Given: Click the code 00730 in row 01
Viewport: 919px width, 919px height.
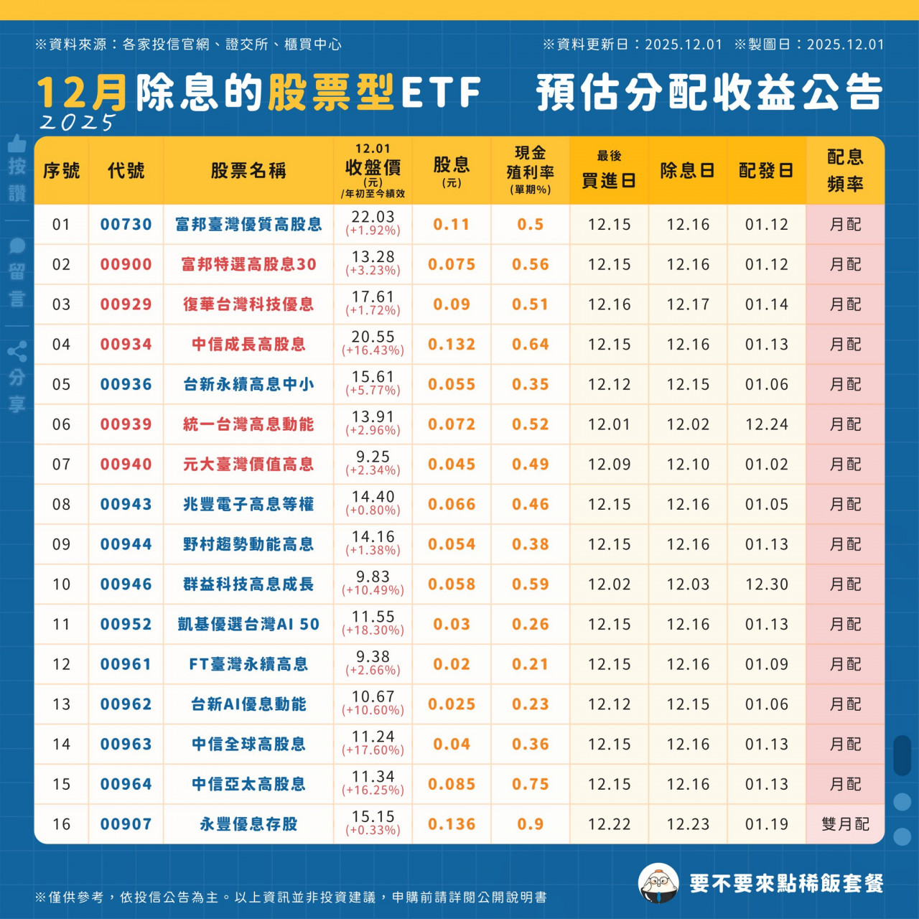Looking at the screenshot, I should click(x=126, y=225).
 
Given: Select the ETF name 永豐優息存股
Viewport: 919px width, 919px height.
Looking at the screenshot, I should click(x=248, y=824).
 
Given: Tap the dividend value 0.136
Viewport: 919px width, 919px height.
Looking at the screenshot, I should click(x=452, y=824).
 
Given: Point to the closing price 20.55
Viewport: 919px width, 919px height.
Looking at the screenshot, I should click(x=373, y=337).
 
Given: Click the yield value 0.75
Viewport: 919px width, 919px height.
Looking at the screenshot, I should click(x=530, y=784).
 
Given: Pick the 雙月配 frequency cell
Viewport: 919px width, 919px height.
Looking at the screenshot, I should click(x=845, y=824).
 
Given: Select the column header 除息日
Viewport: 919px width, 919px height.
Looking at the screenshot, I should click(x=687, y=171).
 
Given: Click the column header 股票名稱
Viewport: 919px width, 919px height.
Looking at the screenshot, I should click(x=248, y=171).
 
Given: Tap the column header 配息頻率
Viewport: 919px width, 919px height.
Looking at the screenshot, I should click(x=845, y=171).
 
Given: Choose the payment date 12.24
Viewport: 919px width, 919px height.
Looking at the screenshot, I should click(x=766, y=424).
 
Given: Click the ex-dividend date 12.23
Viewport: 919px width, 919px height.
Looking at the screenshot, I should click(x=687, y=824).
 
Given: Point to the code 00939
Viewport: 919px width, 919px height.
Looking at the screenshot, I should click(x=126, y=424).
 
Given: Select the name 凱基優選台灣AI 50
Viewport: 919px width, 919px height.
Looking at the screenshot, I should click(x=248, y=625).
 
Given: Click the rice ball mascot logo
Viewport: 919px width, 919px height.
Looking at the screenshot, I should click(x=658, y=883).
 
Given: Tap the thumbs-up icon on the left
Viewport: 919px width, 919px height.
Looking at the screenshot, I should click(x=17, y=144).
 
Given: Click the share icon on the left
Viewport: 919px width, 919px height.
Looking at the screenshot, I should click(x=17, y=351).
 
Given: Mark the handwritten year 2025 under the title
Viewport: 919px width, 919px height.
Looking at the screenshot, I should click(x=77, y=123).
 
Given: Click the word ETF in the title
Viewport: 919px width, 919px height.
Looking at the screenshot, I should click(x=441, y=93).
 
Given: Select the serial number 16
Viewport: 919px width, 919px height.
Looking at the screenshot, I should click(x=61, y=824).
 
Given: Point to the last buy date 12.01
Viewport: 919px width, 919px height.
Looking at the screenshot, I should click(x=609, y=424).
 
